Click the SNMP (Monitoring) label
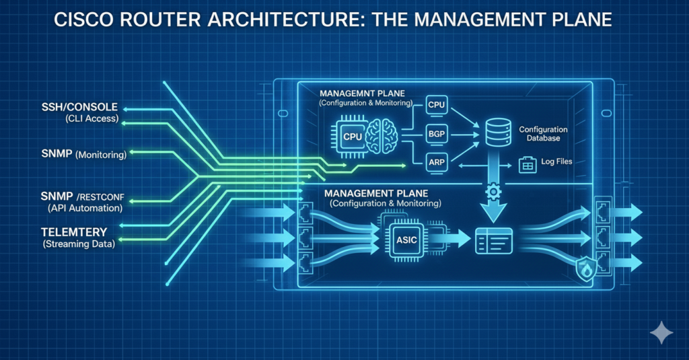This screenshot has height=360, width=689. click(x=82, y=155)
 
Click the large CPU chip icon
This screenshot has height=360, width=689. click(x=353, y=135)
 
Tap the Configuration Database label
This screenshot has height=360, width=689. click(x=543, y=133)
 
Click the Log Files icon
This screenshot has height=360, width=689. click(x=527, y=163)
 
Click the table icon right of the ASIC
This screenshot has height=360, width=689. click(x=493, y=240)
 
